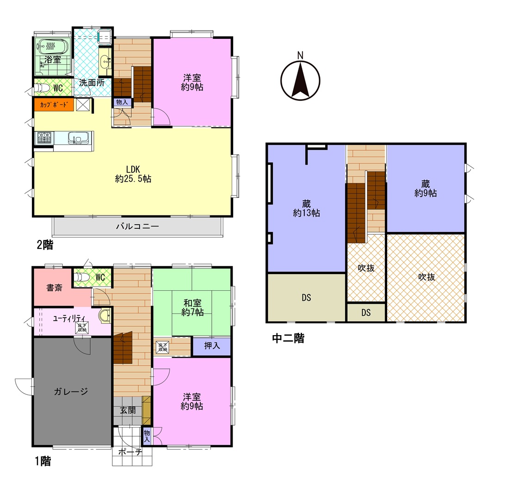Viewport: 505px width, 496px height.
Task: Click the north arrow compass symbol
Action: coord(300,80)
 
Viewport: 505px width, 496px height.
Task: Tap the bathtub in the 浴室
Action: coord(53,47)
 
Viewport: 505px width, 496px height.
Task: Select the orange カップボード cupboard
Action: coord(54,104)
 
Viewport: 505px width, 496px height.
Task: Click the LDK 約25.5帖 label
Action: coord(133,174)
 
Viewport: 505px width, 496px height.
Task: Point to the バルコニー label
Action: coord(137,226)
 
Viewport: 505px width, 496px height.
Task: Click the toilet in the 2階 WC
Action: coord(42,87)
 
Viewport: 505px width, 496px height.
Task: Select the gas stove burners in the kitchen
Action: coord(44,138)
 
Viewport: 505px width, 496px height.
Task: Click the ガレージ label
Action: coord(71,392)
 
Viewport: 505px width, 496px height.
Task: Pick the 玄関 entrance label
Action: coord(128,410)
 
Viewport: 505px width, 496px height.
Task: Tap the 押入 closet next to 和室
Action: coord(212,346)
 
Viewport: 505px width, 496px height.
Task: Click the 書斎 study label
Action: coord(54,288)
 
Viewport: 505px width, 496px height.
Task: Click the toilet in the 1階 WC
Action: coord(82,277)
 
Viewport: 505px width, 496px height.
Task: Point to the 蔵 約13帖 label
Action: coord(306,208)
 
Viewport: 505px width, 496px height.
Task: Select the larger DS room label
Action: coord(306,298)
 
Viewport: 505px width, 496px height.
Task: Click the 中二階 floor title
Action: coord(288,338)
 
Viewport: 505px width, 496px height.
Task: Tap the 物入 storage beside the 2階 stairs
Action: coord(122,102)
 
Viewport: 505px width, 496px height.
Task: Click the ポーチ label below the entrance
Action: coord(130,452)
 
